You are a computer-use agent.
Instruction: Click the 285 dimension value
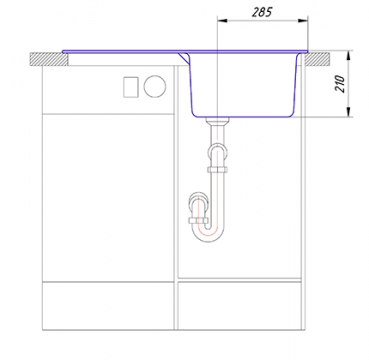262,12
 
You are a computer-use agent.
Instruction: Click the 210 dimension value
340,84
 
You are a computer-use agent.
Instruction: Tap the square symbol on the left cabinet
131,87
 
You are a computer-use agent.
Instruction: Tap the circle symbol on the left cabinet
155,87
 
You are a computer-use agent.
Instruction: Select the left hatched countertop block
49,59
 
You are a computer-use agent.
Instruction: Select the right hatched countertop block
317,59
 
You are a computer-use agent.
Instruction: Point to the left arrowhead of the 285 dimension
222,21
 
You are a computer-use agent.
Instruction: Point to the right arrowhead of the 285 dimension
303,21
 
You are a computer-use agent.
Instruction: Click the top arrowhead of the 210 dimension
349,56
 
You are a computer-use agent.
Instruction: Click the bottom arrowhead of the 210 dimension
349,112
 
